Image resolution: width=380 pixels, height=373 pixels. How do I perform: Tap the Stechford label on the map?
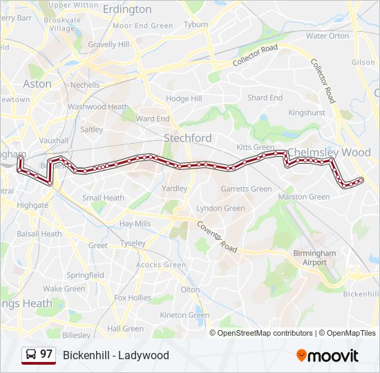click(x=187, y=138)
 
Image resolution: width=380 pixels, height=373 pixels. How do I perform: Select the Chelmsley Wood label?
click(x=329, y=152)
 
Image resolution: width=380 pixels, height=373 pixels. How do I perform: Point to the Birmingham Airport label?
click(x=314, y=258)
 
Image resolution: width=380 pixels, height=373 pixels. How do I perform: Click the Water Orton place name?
click(x=327, y=36)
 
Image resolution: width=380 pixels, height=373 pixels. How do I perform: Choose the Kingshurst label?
click(x=307, y=112)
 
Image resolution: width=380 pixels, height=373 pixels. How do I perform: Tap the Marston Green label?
click(x=304, y=197)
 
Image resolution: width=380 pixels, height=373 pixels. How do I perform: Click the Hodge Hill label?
click(x=184, y=99)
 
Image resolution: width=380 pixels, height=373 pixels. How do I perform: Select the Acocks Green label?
click(x=160, y=265)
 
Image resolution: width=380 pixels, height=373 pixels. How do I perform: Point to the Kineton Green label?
click(x=184, y=315)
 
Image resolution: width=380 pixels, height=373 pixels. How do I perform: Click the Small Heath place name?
click(x=104, y=198)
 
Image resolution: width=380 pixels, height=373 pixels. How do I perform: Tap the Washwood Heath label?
click(x=98, y=107)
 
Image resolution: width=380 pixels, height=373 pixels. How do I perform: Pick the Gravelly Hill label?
click(x=108, y=45)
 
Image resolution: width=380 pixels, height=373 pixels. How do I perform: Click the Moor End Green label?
click(x=143, y=26)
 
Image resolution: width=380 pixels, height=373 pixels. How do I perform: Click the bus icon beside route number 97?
click(x=31, y=354)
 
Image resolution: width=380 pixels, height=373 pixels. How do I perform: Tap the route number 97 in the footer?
click(x=46, y=354)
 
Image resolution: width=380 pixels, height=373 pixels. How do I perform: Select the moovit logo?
click(x=327, y=355)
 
